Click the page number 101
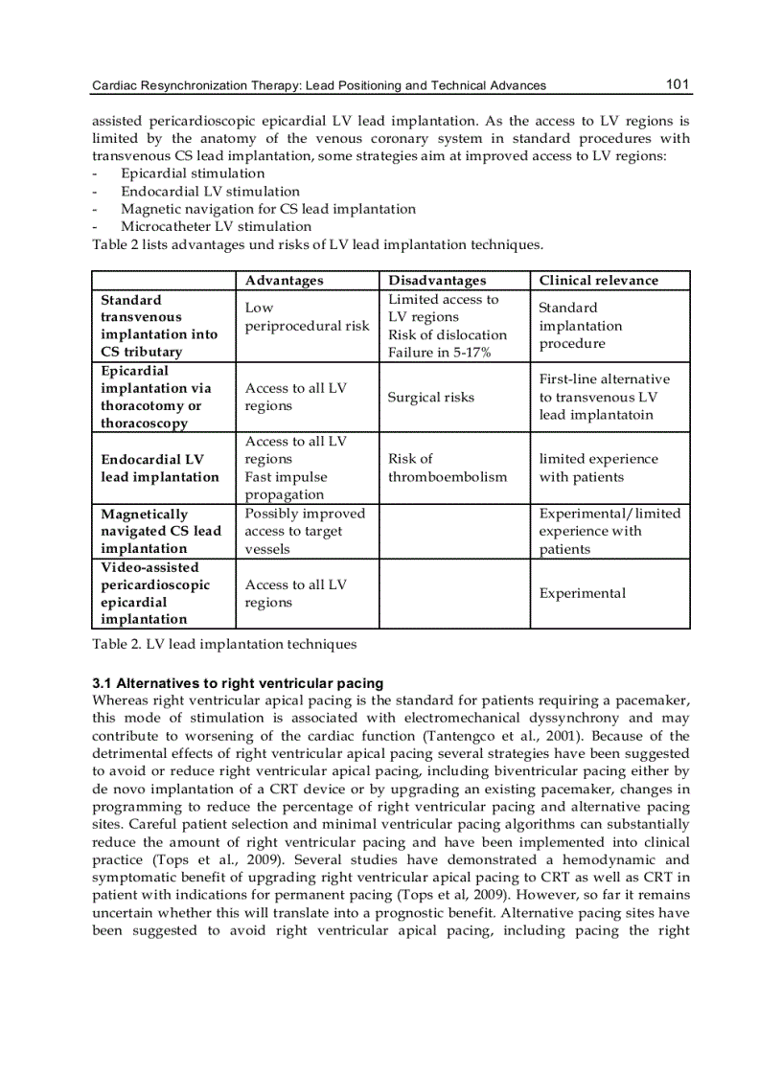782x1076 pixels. point(678,84)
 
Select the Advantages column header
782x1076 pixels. point(284,281)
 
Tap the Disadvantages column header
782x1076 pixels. point(437,281)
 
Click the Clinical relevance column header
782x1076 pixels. point(598,281)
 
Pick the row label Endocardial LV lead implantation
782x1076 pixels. point(160,468)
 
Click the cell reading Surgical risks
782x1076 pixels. point(430,398)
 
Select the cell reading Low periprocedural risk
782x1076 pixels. point(307,317)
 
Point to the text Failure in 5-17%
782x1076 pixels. point(439,353)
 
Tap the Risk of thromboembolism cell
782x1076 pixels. point(448,468)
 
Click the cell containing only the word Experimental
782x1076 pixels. point(582,593)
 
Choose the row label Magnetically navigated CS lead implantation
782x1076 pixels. point(160,531)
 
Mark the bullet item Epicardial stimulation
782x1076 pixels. point(193,173)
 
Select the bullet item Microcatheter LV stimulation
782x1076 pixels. point(216,227)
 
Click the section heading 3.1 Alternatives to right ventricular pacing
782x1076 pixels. point(238,683)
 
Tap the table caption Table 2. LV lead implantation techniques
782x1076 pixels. point(224,644)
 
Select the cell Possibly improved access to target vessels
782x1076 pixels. point(305,531)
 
